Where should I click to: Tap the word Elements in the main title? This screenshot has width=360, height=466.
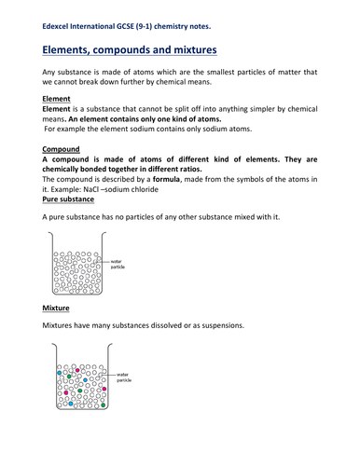tap(78, 46)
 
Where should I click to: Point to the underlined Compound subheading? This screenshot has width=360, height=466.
tap(65, 148)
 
